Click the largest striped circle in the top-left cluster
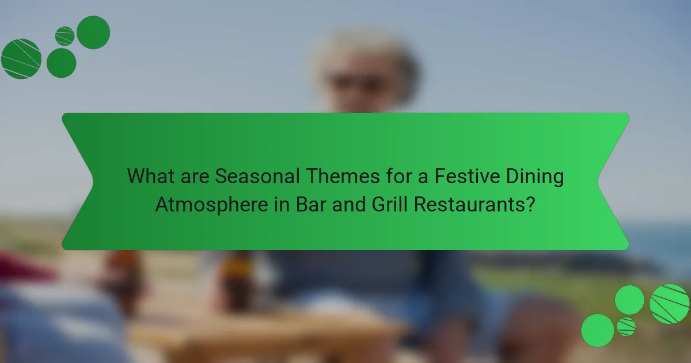click(21, 59)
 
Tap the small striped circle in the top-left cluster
click(65, 36)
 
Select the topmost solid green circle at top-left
click(93, 32)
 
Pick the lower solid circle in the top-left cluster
click(61, 63)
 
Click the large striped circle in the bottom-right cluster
click(670, 304)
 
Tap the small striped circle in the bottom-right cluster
click(626, 327)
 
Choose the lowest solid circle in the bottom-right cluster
click(598, 330)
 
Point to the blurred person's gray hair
click(369, 49)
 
